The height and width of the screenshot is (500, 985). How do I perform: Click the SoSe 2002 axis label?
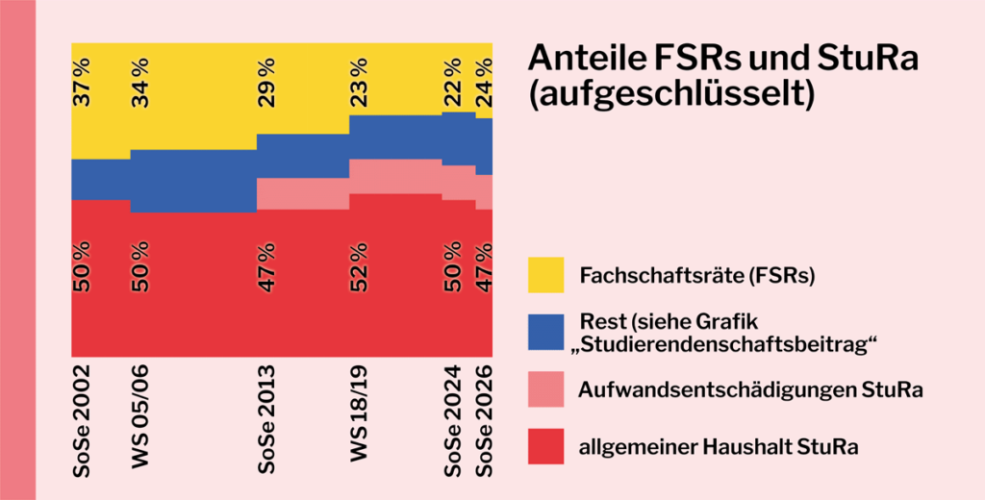click(82, 419)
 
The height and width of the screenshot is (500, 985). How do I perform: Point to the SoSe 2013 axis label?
click(266, 419)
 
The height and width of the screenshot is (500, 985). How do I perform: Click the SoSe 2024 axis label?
click(452, 419)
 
